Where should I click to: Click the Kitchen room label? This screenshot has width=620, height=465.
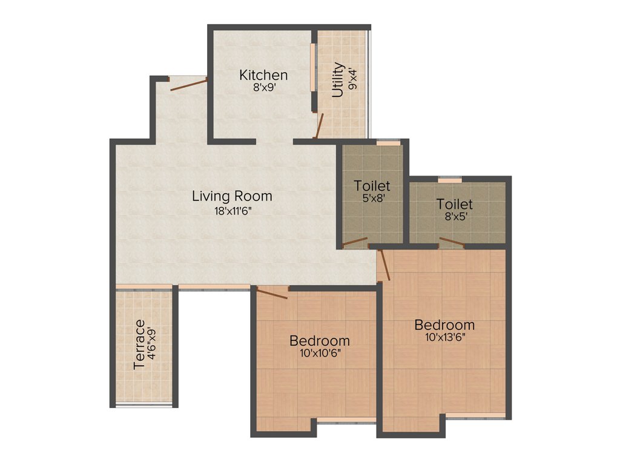pyautogui.click(x=263, y=76)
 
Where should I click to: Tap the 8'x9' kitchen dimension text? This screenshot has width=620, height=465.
pyautogui.click(x=264, y=88)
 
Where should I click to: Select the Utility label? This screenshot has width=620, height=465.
pyautogui.click(x=338, y=80)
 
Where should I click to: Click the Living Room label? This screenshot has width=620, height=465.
pyautogui.click(x=232, y=196)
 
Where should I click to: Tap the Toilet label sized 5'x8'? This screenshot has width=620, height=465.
pyautogui.click(x=372, y=186)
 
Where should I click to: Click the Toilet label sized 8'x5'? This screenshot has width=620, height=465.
pyautogui.click(x=455, y=205)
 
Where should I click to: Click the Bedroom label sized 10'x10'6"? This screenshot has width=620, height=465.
pyautogui.click(x=319, y=340)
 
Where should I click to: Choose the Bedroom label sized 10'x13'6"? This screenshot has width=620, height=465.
pyautogui.click(x=444, y=325)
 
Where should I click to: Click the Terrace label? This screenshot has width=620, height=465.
pyautogui.click(x=140, y=345)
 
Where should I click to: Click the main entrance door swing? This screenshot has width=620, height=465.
pyautogui.click(x=189, y=84)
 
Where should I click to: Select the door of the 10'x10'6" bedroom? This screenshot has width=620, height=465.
pyautogui.click(x=272, y=294)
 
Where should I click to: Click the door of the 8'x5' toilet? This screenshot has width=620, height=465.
pyautogui.click(x=452, y=243)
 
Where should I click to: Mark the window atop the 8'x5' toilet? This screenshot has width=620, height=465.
pyautogui.click(x=450, y=180)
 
